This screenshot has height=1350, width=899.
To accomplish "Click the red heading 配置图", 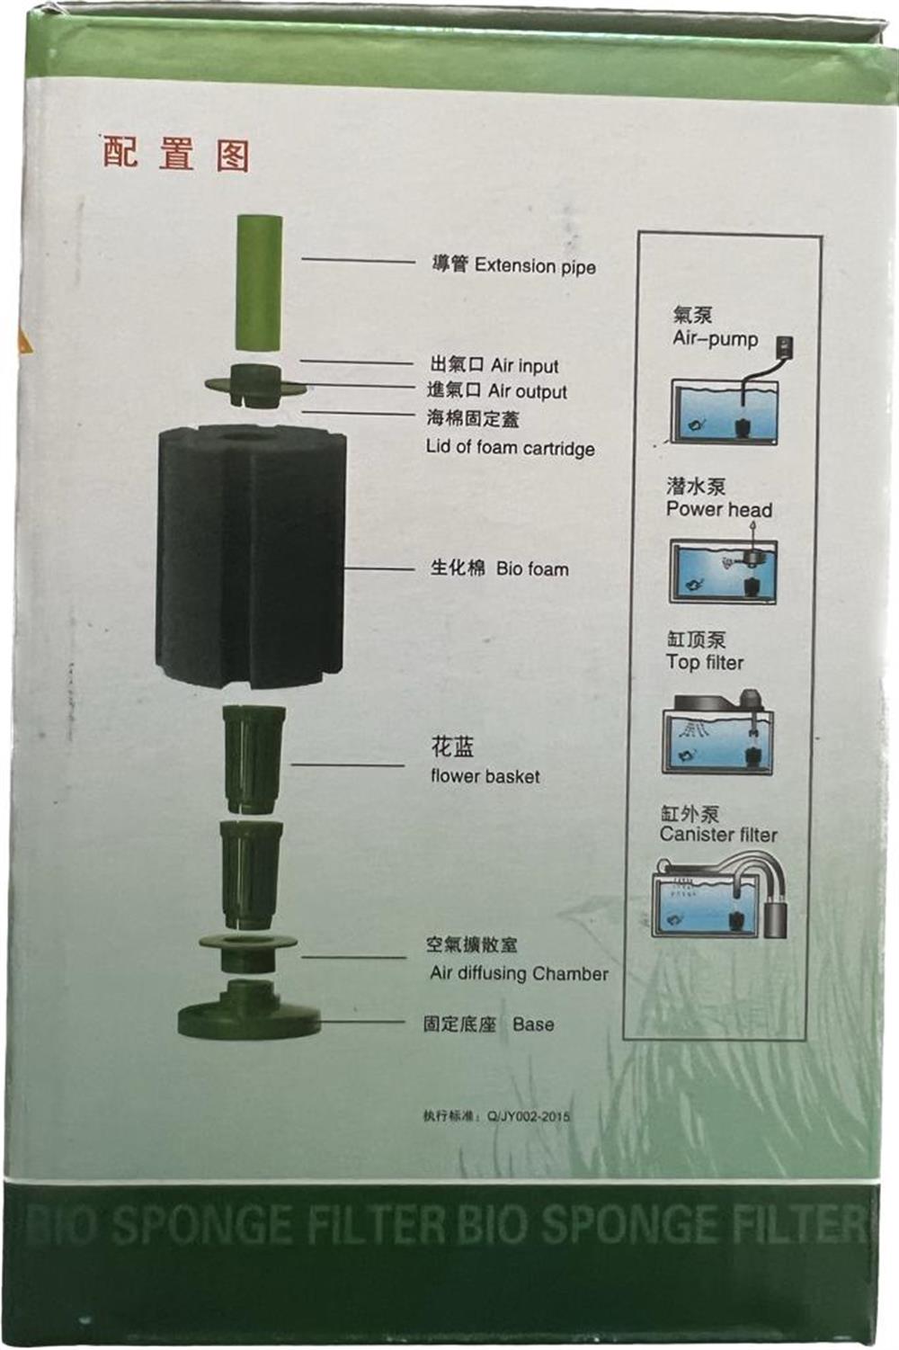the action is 175,154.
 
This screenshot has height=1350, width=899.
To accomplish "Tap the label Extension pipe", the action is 535,266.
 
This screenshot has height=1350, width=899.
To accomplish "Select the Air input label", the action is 524,366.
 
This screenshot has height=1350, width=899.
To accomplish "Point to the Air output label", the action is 527,392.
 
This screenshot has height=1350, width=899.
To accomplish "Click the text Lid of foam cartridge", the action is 510,449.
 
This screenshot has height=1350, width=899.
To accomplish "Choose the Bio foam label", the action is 532,569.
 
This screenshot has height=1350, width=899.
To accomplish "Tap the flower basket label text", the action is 485,776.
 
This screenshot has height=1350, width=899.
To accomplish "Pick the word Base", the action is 533,1024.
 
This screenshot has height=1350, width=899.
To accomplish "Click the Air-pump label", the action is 716,339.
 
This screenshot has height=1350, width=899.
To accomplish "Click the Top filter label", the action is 705,662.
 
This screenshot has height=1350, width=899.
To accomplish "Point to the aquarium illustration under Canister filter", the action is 720,898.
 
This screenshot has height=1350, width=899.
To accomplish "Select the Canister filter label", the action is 717,835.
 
